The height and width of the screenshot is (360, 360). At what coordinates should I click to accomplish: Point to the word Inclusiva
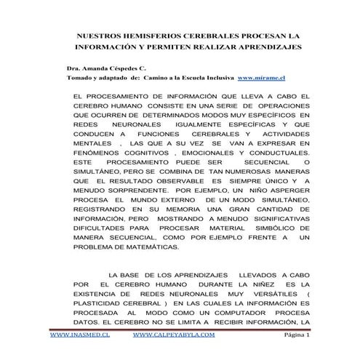point(212,76)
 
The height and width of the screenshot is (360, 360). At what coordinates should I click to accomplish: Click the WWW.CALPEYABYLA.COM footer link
point(175,336)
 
